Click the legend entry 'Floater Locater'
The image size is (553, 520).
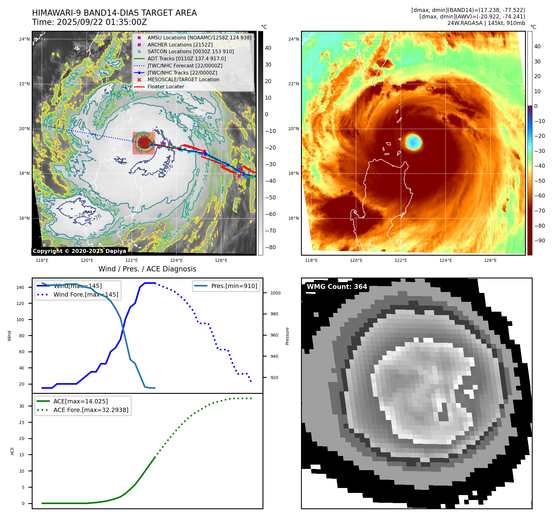point(166,87)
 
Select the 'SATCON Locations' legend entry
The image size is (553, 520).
point(190,52)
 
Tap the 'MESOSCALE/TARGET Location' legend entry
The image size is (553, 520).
point(183,80)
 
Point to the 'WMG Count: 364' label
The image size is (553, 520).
point(337,287)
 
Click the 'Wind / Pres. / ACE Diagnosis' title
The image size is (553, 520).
point(147,269)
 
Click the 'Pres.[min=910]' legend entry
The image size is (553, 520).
point(234,286)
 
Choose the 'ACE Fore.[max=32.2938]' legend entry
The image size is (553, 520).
point(91,410)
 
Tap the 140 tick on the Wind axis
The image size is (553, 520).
point(20,287)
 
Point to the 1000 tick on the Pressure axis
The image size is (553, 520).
point(275,293)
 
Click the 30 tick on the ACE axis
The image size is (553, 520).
point(22,406)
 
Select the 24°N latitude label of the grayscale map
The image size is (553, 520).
point(24,39)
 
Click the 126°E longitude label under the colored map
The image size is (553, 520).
point(490,261)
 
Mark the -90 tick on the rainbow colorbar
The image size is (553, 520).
point(539,241)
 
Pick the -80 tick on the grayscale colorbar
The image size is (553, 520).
point(270,247)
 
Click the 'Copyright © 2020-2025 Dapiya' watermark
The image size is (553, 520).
point(79,251)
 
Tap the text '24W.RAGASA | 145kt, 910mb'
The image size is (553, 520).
point(486,23)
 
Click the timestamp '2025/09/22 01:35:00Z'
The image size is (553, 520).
point(102,22)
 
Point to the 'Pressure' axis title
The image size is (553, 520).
point(287,336)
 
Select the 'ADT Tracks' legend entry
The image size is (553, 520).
point(186,59)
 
